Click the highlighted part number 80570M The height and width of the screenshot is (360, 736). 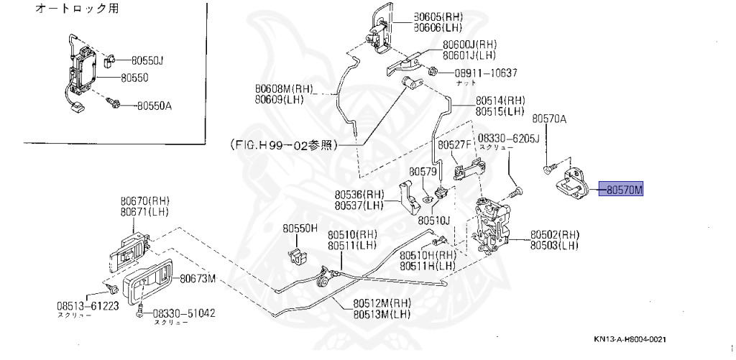(x=622, y=190)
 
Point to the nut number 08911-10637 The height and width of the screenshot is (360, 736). (x=485, y=73)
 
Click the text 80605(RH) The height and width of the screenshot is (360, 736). (x=439, y=17)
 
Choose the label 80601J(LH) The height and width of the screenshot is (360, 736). (x=469, y=55)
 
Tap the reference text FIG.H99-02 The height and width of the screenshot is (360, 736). (x=283, y=144)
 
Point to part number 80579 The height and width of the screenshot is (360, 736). (x=423, y=172)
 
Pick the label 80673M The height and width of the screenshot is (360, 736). (x=198, y=278)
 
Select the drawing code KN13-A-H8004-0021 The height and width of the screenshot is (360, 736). (x=635, y=340)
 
